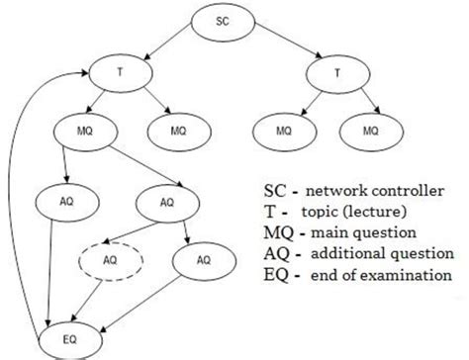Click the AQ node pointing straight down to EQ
tap(55, 201)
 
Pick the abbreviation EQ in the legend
tap(276, 276)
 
